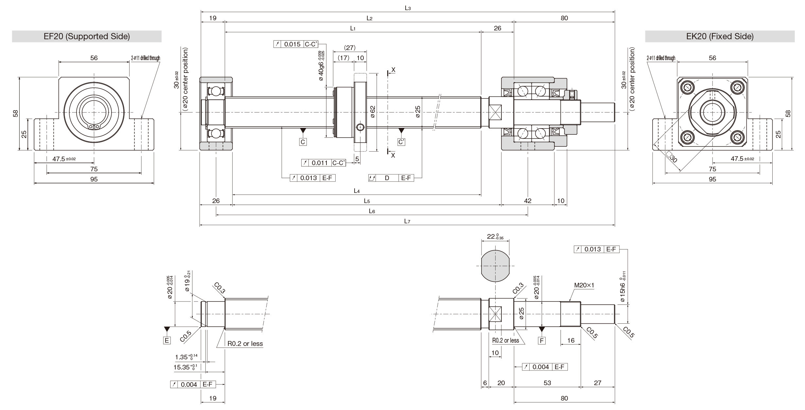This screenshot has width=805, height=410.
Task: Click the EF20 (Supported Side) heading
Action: [x=87, y=36]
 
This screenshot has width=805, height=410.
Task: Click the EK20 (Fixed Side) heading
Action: [x=720, y=36]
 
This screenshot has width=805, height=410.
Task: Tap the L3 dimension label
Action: [x=408, y=8]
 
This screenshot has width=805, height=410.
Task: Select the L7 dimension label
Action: [x=407, y=221]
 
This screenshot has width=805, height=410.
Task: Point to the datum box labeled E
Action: [x=167, y=340]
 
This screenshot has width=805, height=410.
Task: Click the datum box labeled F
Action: [x=542, y=341]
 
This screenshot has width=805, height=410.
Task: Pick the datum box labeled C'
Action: [x=401, y=142]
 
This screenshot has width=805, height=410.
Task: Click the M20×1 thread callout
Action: [x=584, y=285]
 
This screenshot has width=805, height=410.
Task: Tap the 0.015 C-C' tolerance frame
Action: [x=299, y=44]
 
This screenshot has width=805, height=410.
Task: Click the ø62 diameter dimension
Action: [x=373, y=111]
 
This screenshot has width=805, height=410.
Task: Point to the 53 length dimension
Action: [x=547, y=383]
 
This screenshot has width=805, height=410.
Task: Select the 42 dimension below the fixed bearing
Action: [x=528, y=201]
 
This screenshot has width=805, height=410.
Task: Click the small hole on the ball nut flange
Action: [x=360, y=127]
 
